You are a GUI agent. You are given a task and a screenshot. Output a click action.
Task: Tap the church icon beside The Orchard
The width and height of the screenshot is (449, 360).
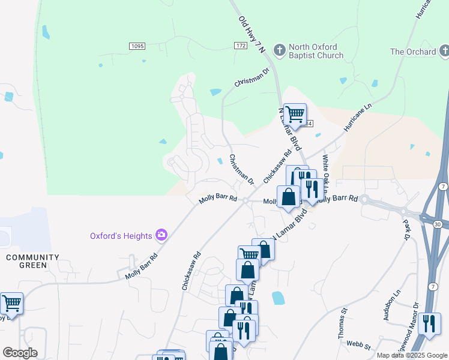[444, 51]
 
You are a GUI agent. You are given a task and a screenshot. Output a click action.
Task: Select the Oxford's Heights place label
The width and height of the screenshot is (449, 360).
[121, 236]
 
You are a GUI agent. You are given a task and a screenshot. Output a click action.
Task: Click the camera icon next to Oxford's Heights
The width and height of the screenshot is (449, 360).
[161, 235]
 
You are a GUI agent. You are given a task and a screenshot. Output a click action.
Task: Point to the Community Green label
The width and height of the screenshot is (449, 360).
[32, 262]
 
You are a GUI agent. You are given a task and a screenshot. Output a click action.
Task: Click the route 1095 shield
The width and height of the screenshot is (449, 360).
[137, 46]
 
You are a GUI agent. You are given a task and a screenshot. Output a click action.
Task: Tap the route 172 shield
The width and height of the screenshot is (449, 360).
[241, 46]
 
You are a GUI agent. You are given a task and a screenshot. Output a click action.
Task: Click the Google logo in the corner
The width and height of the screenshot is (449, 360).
[20, 352]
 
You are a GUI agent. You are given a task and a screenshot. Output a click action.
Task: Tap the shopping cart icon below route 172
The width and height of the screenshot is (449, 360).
[295, 113]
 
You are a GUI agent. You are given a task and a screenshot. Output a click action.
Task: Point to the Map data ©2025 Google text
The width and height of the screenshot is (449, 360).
[412, 355]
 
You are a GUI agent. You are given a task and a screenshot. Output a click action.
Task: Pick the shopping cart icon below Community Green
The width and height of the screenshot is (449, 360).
[11, 302]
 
